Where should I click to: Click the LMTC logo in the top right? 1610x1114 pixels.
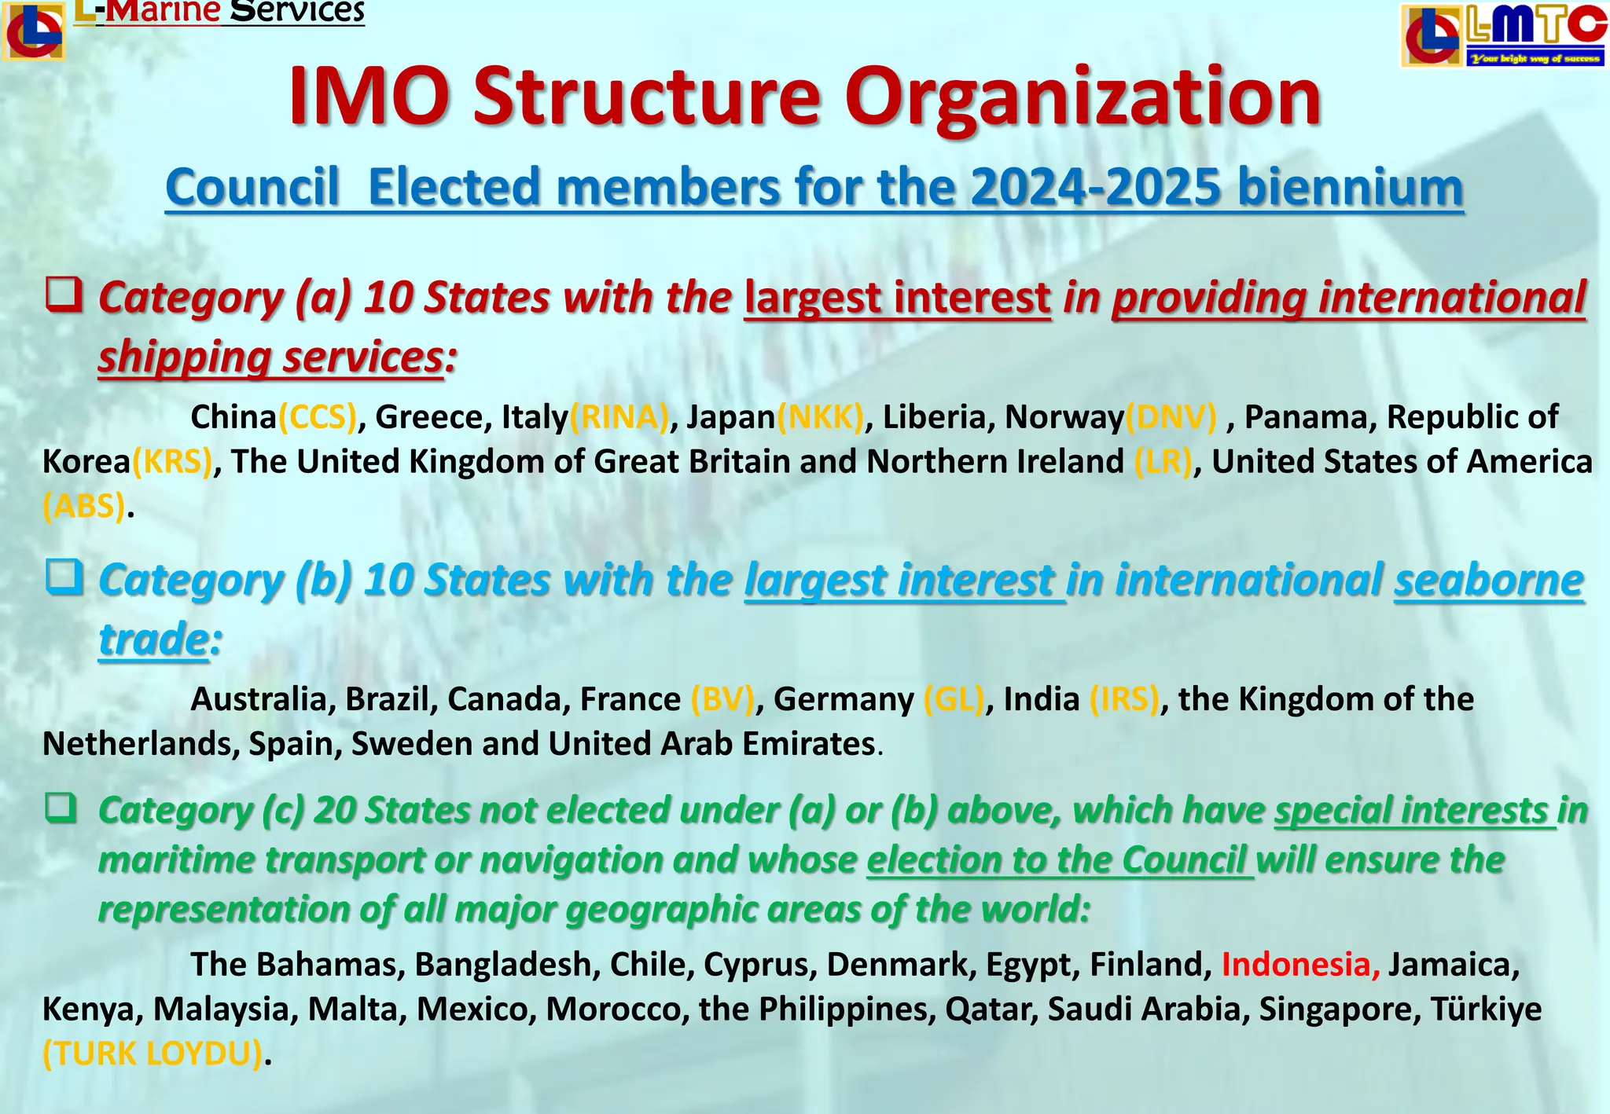point(1503,35)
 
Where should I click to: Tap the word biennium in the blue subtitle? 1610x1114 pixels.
point(1350,188)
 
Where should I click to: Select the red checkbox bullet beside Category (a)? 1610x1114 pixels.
point(64,295)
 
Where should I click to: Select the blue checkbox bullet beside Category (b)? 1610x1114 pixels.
point(64,577)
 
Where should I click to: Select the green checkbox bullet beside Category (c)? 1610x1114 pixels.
point(61,807)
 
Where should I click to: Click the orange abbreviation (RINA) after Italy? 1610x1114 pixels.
point(619,417)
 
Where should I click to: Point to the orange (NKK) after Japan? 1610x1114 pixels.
point(820,417)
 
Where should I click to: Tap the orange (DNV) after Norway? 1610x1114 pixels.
point(1171,417)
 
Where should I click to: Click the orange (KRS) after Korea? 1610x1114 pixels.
point(172,462)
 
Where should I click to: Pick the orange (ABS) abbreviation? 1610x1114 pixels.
point(84,507)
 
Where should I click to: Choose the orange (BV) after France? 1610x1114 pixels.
point(722,699)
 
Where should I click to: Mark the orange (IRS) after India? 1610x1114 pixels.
point(1124,699)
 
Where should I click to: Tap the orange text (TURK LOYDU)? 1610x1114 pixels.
point(153,1054)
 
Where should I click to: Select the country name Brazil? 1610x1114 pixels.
point(391,699)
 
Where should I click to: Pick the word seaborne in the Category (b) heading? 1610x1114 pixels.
point(1488,581)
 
